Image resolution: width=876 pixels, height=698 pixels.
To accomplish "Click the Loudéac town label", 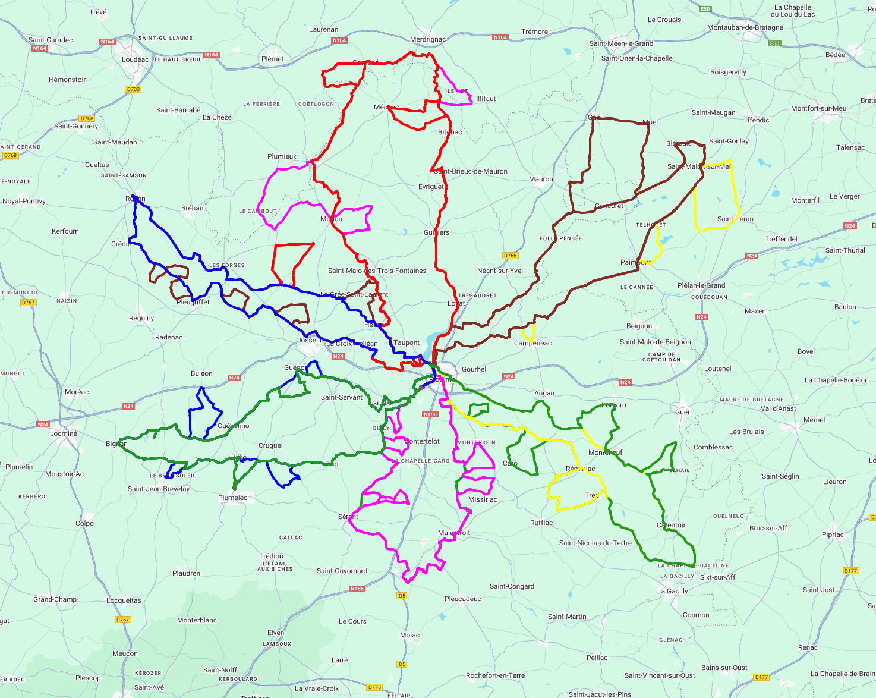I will point(135,59).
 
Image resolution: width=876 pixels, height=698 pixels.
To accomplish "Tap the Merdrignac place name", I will point(428,40).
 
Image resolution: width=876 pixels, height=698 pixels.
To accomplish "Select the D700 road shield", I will point(133,89).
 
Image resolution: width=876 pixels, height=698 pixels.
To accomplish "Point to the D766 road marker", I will point(510,256).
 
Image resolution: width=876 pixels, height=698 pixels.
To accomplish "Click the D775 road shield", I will point(374,687).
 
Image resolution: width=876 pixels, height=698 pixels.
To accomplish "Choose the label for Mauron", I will point(541,179).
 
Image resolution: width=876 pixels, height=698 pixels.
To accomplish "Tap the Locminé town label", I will point(64,433).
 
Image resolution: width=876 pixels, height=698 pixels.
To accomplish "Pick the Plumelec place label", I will point(233,498).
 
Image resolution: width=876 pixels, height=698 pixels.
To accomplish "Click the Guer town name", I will point(683,412).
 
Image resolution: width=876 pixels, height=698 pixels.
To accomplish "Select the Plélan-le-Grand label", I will point(701,285).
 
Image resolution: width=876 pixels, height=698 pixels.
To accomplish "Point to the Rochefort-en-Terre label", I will point(496,675).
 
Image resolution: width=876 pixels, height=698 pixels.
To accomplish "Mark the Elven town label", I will point(276,633).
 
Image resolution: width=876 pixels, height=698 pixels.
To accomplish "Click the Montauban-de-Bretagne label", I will point(745,27).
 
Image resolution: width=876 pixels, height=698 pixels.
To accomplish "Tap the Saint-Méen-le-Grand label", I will point(621,43).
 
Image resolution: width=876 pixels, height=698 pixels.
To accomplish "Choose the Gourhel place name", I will point(474,369).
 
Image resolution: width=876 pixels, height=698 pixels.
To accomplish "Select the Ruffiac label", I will point(541,523).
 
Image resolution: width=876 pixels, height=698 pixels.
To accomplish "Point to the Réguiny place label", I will point(141,318).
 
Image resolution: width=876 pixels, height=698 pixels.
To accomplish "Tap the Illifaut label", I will point(486,99).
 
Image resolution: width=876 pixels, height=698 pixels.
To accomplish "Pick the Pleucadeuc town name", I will point(463,599).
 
